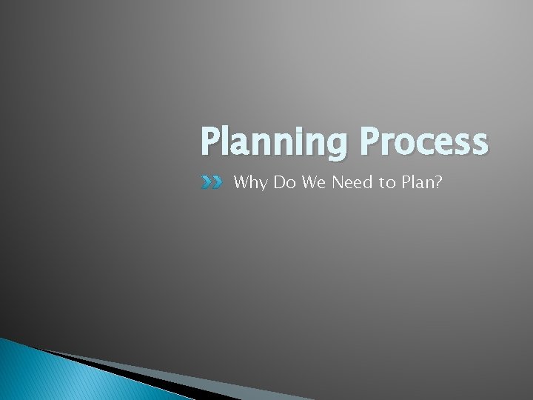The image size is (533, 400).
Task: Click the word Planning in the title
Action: pyautogui.click(x=272, y=143)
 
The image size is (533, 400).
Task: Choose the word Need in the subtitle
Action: pyautogui.click(x=352, y=181)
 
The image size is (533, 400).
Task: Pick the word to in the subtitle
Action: pyautogui.click(x=388, y=181)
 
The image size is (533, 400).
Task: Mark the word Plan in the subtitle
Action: pyautogui.click(x=418, y=181)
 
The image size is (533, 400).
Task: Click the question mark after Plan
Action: pyautogui.click(x=439, y=181)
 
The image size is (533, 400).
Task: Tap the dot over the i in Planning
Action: pyautogui.click(x=293, y=127)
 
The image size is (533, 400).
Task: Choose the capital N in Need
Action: pyautogui.click(x=338, y=181)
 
